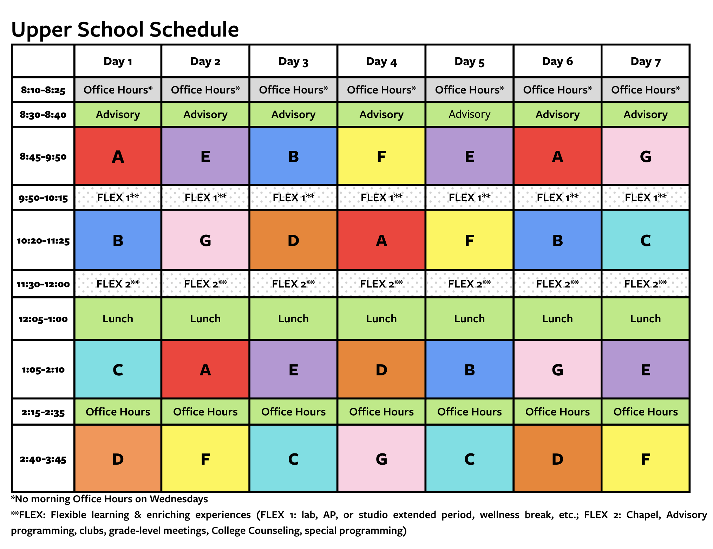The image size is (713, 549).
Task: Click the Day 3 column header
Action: pos(293,62)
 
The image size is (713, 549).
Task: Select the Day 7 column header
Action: pos(646,62)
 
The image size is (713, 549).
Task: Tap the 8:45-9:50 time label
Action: pos(43,156)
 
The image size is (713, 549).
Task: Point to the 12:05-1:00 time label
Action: pos(43,319)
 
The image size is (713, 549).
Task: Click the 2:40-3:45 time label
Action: pos(43,459)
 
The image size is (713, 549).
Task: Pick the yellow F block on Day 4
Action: pos(381,156)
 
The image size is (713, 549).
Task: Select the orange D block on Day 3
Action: pos(293,240)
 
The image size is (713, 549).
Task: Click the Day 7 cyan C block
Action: pos(646,240)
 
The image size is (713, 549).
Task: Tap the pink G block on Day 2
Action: pos(205,240)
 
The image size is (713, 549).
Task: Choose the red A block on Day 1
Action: pos(118,156)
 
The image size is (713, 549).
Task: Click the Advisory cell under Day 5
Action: pos(470,114)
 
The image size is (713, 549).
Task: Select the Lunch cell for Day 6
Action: pos(557,319)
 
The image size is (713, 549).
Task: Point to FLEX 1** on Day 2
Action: pos(205,198)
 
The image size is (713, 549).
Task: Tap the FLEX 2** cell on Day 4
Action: pos(381,284)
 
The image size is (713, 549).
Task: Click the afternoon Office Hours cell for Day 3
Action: pos(293,412)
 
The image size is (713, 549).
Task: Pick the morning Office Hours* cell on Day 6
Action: pos(557,90)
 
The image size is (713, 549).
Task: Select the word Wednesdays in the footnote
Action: pos(179,499)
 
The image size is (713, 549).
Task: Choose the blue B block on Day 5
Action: pos(470,370)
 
